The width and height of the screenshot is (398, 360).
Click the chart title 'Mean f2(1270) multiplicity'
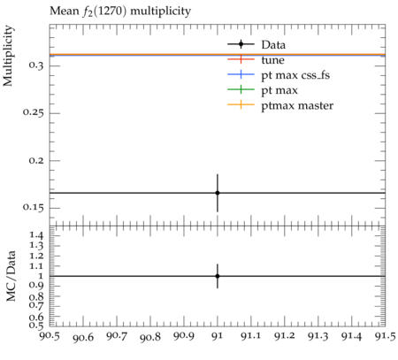tap(120, 11)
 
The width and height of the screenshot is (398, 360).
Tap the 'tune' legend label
tap(272, 60)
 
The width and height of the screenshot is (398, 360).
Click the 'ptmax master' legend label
tap(297, 105)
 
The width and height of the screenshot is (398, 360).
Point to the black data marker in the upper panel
tap(218, 193)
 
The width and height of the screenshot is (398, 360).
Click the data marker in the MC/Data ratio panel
tap(218, 276)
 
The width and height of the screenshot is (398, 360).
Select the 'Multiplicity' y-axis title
tap(8, 56)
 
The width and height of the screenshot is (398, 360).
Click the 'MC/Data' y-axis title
tap(11, 276)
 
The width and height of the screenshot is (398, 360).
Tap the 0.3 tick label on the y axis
tap(36, 65)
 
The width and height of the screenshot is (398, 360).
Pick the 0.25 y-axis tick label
tap(34, 112)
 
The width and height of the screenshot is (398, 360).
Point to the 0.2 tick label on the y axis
tap(36, 160)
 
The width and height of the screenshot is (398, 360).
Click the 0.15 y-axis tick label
tap(34, 208)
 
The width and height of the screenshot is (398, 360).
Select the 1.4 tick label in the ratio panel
tap(36, 235)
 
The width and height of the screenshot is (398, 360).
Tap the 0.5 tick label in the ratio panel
tap(36, 325)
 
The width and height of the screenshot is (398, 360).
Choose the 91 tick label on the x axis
tap(218, 336)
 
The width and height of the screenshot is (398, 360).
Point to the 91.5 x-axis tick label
tap(386, 336)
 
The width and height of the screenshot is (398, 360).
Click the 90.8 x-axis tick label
tap(150, 337)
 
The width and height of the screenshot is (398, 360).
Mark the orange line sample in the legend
tap(241, 104)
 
